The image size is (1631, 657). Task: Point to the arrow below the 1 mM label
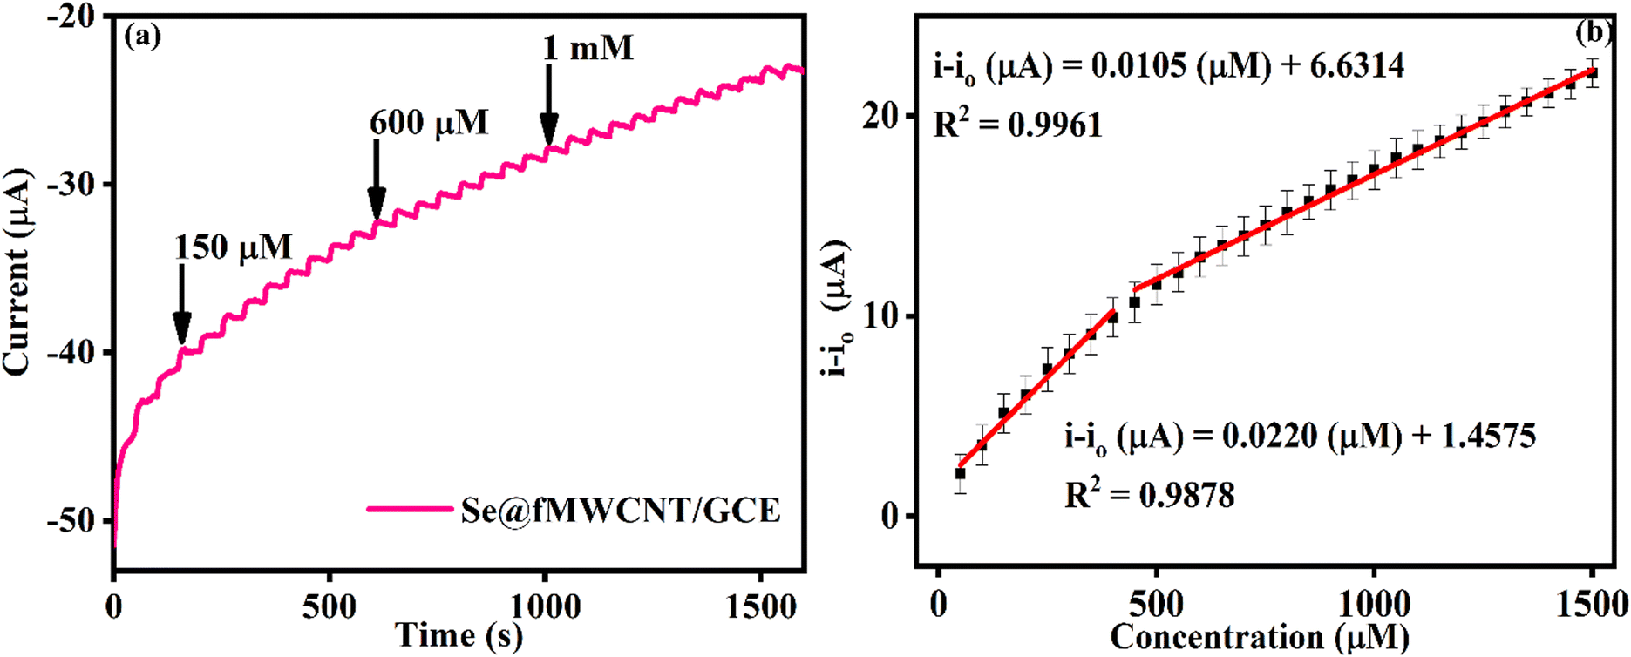[x=548, y=105]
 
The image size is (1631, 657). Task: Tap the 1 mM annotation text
[x=588, y=48]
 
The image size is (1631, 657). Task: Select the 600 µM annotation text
[x=429, y=123]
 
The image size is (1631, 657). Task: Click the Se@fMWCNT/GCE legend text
[x=620, y=510]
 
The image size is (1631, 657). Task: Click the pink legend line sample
[x=410, y=508]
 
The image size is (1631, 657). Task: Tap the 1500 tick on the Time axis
[x=763, y=606]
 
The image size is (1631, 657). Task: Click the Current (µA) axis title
[x=17, y=273]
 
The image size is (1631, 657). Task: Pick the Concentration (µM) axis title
[x=1259, y=638]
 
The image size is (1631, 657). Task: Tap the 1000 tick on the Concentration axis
[x=1374, y=604]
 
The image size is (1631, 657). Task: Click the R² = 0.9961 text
[x=1018, y=125]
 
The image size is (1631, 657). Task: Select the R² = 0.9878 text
[x=1150, y=496]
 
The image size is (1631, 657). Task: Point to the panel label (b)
[x=1594, y=33]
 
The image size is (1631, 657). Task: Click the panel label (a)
[x=143, y=37]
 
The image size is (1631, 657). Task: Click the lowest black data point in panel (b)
[x=960, y=473]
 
